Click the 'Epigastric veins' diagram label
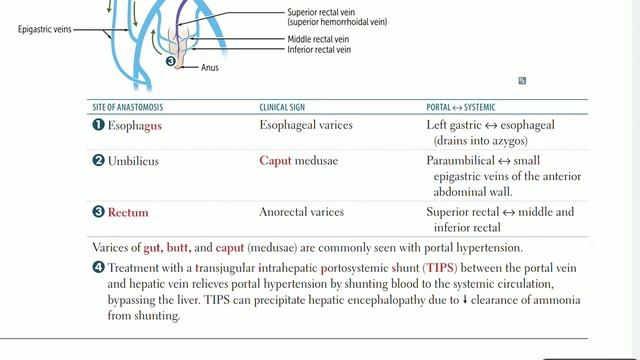point(47,30)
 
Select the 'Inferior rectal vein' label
point(319,49)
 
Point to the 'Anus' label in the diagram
point(208,68)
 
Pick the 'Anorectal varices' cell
point(301,212)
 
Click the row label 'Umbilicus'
point(133,160)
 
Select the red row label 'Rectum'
point(128,212)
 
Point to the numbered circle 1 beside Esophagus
point(98,126)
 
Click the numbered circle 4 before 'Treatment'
point(98,268)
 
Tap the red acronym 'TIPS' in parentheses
point(438,268)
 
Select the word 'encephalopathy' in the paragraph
point(380,300)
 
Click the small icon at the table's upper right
point(522,81)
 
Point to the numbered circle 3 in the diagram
point(172,62)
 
